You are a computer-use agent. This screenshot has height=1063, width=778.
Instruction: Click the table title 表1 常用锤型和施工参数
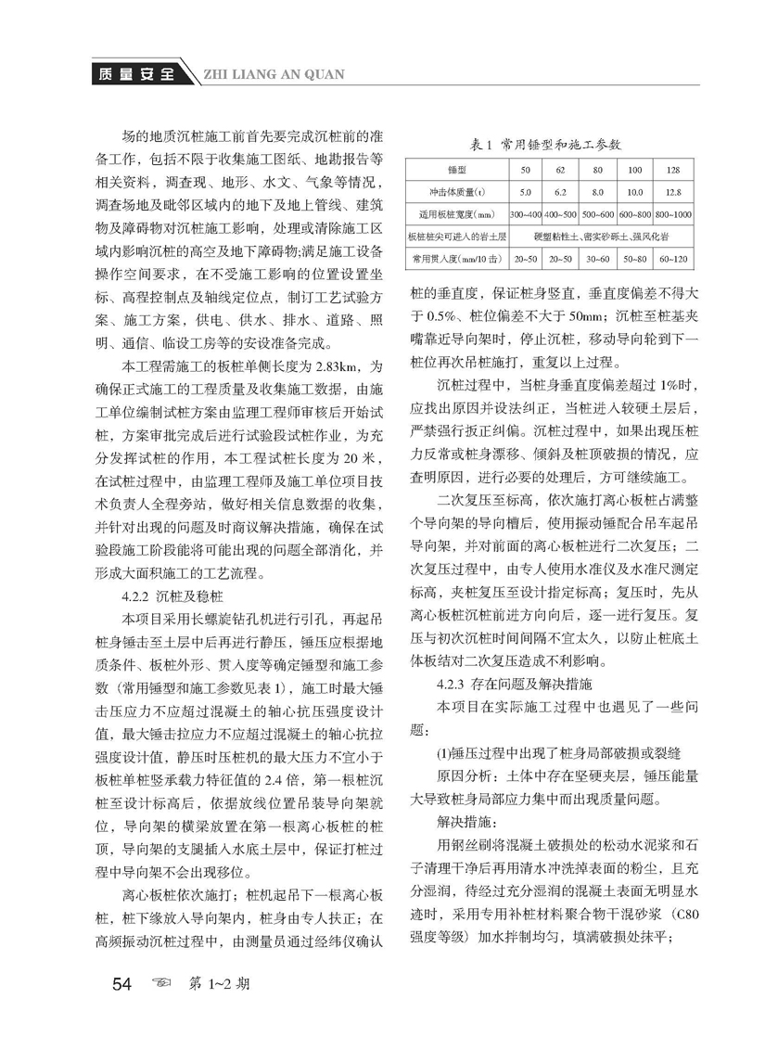(x=552, y=146)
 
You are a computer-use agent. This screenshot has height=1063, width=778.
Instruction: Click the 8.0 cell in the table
(x=597, y=192)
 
